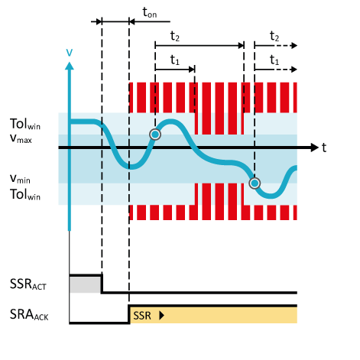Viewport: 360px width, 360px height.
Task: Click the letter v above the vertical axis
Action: (x=69, y=52)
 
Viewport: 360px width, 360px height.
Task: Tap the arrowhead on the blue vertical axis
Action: (x=69, y=66)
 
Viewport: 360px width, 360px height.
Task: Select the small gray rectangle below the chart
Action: (x=85, y=284)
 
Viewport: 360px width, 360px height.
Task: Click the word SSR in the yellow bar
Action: (x=142, y=315)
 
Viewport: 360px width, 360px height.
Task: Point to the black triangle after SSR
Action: (x=161, y=315)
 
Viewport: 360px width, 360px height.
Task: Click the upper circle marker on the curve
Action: (x=155, y=135)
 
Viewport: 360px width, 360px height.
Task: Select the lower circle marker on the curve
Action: (x=255, y=183)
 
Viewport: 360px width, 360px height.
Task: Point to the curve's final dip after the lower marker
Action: (x=272, y=196)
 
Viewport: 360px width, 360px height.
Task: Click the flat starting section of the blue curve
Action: (x=83, y=121)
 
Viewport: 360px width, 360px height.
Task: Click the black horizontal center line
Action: (x=191, y=147)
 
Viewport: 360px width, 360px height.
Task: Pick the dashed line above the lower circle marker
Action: (x=255, y=115)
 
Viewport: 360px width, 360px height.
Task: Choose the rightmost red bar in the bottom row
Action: (x=294, y=201)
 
